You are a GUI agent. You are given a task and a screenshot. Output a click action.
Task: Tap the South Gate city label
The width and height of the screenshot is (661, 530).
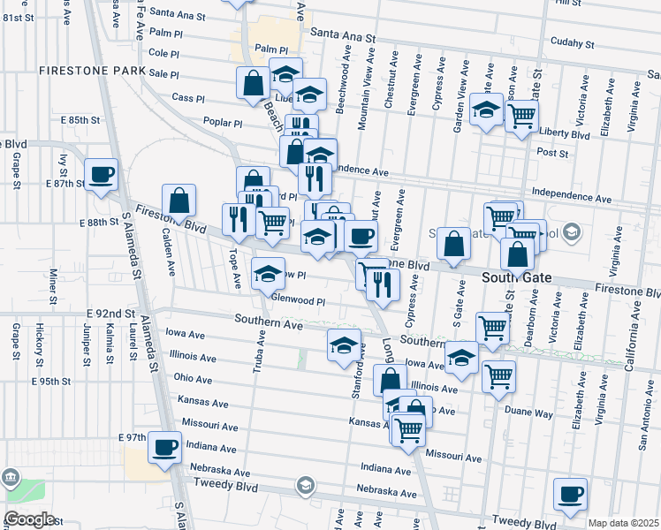(x=516, y=277)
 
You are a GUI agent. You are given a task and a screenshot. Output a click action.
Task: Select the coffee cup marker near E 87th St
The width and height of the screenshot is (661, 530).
(x=100, y=174)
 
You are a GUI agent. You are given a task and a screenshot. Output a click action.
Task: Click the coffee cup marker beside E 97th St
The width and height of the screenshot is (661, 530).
(x=164, y=447)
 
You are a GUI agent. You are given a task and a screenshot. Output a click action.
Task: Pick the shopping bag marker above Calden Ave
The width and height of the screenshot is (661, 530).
(x=179, y=201)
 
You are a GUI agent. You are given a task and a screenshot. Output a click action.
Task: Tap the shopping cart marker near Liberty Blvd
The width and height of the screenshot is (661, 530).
(x=522, y=115)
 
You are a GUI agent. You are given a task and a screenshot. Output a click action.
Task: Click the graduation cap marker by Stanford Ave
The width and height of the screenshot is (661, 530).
(x=344, y=345)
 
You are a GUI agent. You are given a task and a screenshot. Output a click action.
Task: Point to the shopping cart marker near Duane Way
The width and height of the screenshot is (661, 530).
(x=499, y=376)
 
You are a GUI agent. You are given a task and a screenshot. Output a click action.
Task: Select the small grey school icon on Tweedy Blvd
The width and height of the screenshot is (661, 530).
(x=305, y=485)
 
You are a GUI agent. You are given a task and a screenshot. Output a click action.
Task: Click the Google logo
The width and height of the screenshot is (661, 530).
(x=29, y=519)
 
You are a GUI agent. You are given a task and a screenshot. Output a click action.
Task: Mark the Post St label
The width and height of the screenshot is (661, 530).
(x=551, y=152)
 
